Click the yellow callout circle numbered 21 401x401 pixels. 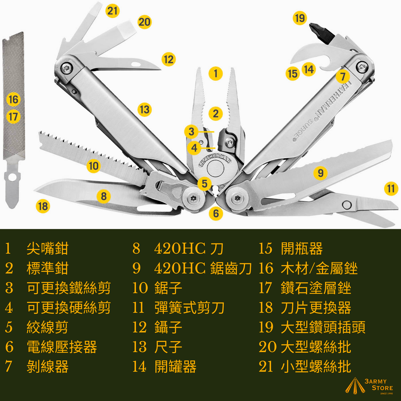coord(112,11)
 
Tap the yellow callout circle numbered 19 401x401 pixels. coord(300,18)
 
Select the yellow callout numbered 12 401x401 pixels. coord(168,59)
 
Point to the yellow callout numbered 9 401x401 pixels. coord(321,173)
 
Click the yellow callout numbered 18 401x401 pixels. coord(43,206)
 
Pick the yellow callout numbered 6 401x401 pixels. coord(216,213)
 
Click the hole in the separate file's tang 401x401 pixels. coord(12,177)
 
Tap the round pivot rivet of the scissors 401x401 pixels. coord(347,205)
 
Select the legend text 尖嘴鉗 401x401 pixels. coord(47,248)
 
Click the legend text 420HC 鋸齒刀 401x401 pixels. coord(203,268)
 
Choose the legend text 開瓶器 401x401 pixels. coord(302,248)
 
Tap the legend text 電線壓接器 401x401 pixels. coord(62,347)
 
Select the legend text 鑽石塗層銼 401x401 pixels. coord(316,288)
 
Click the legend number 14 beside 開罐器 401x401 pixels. coord(139,367)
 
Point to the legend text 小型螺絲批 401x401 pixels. coord(316,367)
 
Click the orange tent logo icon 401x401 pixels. coord(355,386)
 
